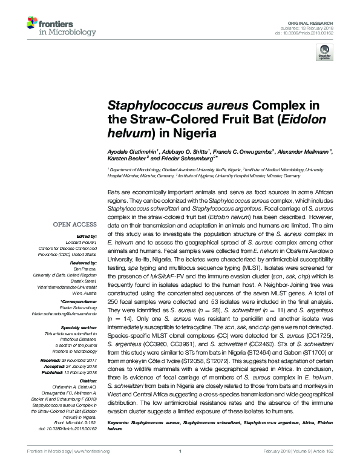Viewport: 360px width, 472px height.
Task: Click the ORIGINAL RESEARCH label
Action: click(317, 21)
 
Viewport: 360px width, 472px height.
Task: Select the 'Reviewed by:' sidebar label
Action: click(85, 264)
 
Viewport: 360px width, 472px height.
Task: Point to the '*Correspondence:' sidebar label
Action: click(81, 301)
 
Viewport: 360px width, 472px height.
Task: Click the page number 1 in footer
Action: click(180, 468)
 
